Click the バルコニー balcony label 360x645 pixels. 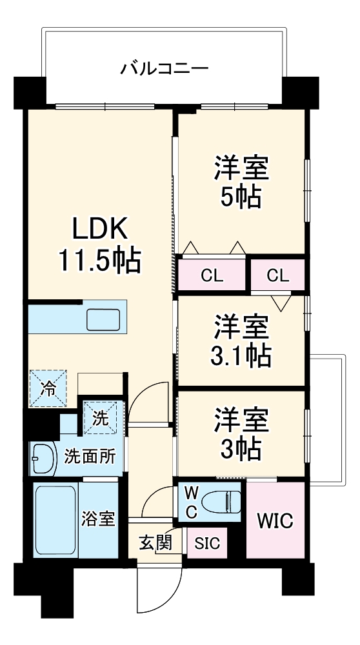(x=163, y=68)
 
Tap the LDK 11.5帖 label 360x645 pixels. (x=100, y=244)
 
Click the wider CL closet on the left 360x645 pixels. (x=212, y=275)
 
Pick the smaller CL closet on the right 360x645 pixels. (x=277, y=275)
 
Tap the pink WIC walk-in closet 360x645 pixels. (x=275, y=520)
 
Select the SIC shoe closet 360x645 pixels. (x=207, y=543)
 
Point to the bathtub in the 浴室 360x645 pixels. (x=55, y=519)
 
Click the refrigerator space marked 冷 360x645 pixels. (x=48, y=388)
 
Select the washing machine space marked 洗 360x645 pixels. (x=101, y=418)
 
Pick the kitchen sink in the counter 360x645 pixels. (x=103, y=319)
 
